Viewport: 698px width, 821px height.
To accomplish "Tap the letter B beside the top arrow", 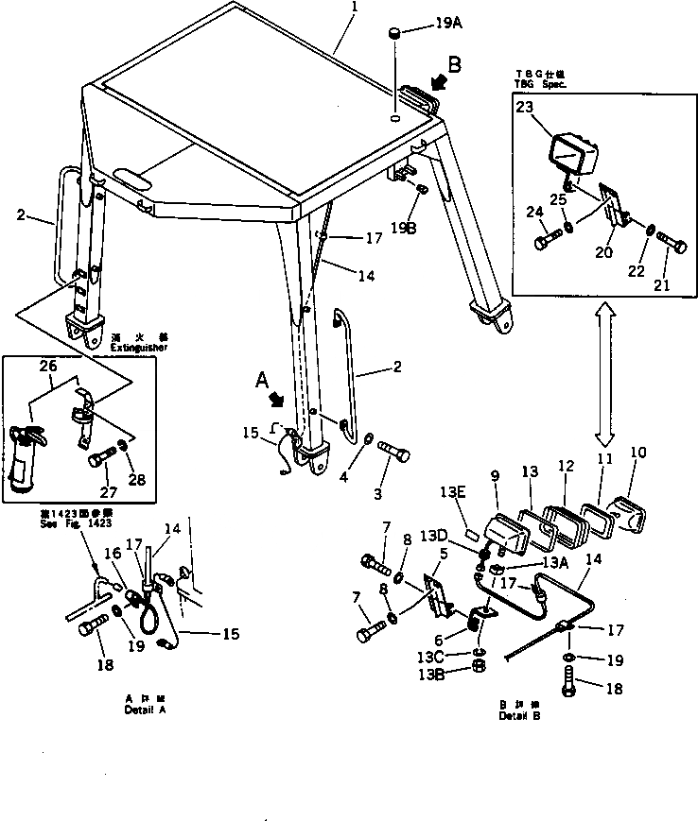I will (454, 65).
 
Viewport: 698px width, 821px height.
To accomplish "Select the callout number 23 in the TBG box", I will (525, 108).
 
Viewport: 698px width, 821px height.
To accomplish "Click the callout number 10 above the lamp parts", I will (638, 453).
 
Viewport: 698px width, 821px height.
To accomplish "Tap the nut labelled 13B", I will (479, 672).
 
